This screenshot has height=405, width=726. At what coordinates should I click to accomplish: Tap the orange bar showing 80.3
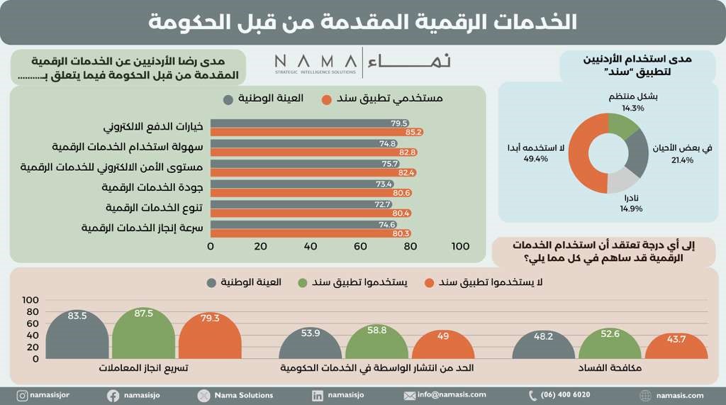pyautogui.click(x=311, y=233)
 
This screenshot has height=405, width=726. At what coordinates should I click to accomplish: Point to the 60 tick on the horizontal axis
pyautogui.click(x=360, y=247)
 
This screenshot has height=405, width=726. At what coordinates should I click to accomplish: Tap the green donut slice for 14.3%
pyautogui.click(x=622, y=127)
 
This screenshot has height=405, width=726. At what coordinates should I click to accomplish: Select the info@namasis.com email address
pyautogui.click(x=452, y=395)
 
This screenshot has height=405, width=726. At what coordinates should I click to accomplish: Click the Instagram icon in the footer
pyautogui.click(x=23, y=395)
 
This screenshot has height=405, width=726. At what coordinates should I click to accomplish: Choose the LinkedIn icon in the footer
pyautogui.click(x=317, y=395)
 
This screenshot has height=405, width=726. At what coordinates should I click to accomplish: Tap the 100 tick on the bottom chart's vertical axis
pyautogui.click(x=30, y=301)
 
